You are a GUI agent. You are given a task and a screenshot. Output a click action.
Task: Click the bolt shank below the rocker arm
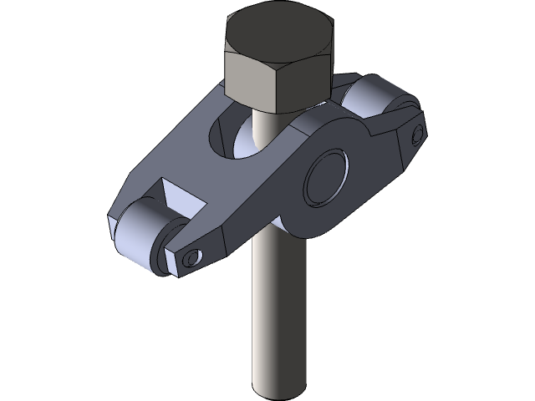(x=276, y=317)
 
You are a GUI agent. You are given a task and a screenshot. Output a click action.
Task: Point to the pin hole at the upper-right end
(x=417, y=134)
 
